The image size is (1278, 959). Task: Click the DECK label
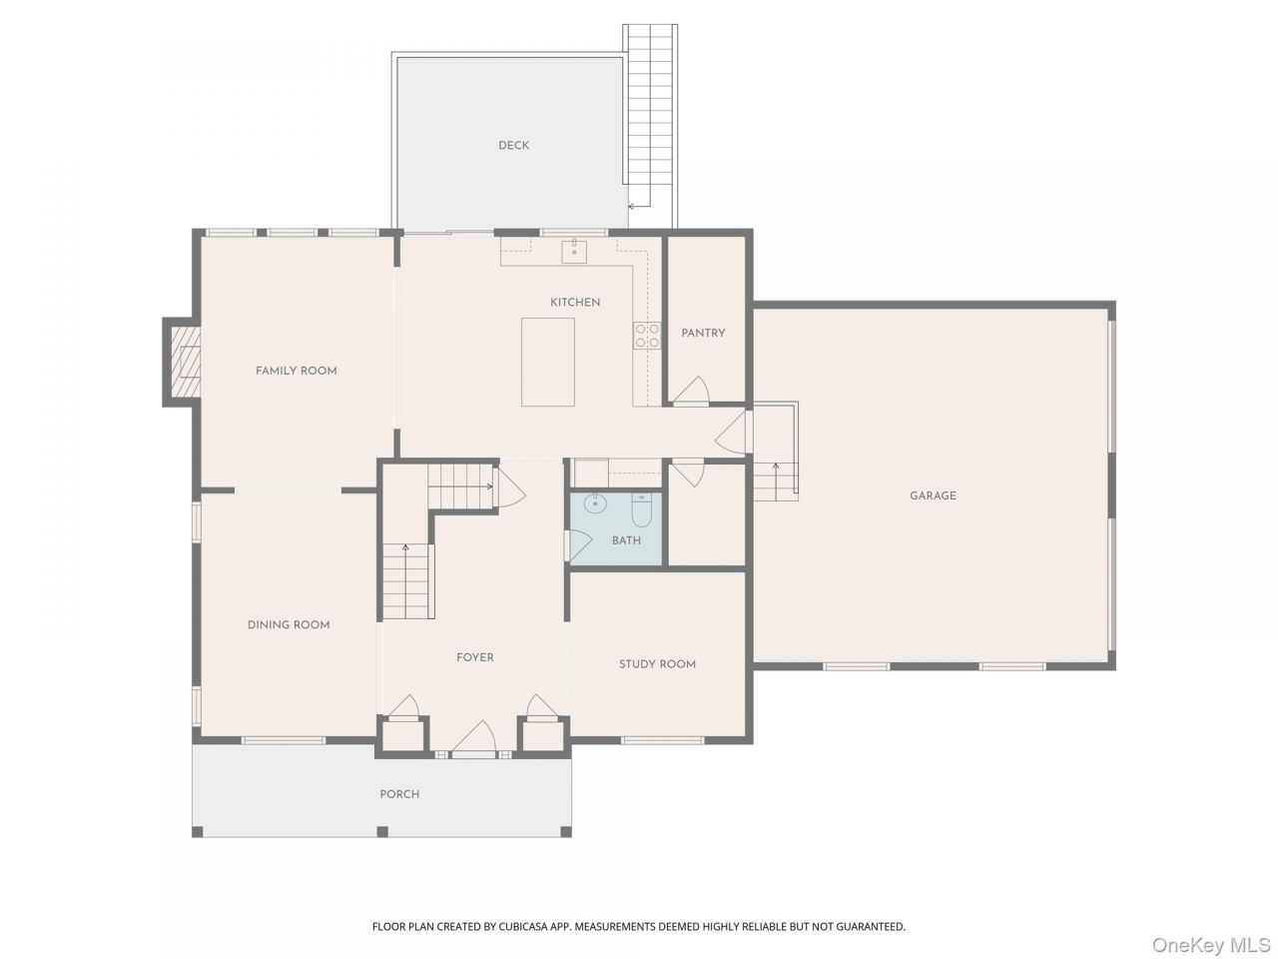513,146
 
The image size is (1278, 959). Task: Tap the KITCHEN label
575,303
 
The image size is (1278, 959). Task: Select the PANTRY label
703,333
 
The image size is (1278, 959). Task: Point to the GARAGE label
933,495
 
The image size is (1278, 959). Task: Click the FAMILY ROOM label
296,371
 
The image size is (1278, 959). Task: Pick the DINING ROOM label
289,624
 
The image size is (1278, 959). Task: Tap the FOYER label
474,657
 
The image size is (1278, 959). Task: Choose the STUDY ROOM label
657,663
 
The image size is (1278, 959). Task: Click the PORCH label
399,794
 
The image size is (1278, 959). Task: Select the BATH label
626,540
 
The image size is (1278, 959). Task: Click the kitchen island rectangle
547,362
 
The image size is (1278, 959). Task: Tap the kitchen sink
573,251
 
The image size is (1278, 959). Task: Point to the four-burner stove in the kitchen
647,336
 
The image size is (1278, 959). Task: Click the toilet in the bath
642,509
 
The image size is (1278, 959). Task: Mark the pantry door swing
691,391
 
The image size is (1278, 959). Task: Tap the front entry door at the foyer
474,739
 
